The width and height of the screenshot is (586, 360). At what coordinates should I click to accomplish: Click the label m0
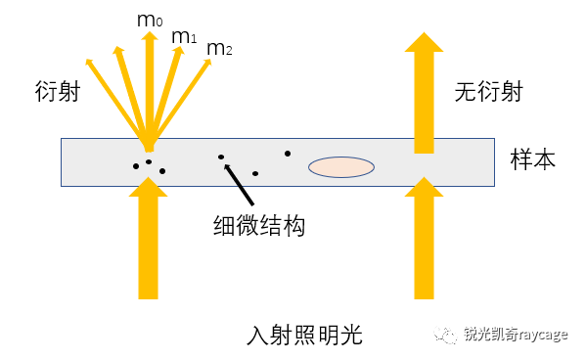(149, 19)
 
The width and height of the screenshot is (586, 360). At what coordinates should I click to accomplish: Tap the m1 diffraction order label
(184, 37)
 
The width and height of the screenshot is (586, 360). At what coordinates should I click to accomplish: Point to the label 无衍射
(488, 93)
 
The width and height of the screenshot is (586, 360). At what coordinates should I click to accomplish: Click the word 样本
(533, 159)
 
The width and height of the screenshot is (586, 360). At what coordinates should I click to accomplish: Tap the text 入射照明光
(304, 336)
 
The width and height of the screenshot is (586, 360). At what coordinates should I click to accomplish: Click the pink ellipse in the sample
(341, 167)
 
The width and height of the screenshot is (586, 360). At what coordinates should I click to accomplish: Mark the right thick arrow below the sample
(423, 240)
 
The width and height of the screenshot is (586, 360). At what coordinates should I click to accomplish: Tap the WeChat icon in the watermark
(447, 335)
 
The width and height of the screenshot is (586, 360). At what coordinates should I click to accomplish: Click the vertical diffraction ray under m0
(149, 88)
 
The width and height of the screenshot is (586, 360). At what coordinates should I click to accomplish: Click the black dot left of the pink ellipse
(287, 153)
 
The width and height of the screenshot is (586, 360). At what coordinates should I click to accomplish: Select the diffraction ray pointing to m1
(166, 88)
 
